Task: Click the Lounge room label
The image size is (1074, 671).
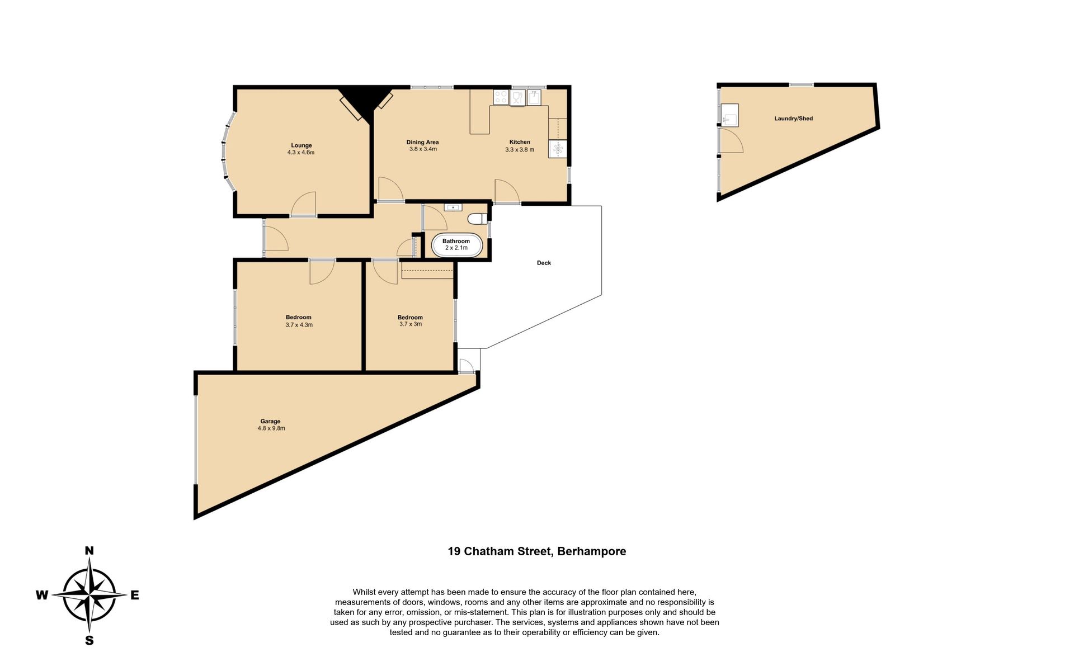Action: click(x=301, y=145)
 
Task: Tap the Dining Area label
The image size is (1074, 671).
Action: click(x=422, y=142)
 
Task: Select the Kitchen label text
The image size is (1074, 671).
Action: click(x=520, y=142)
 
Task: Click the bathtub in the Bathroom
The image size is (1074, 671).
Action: click(x=456, y=245)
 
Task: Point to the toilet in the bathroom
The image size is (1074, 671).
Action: click(x=477, y=219)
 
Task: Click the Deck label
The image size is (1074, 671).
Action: click(x=544, y=263)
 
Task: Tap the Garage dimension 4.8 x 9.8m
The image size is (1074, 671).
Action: click(x=271, y=429)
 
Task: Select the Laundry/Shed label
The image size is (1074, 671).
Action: click(x=793, y=119)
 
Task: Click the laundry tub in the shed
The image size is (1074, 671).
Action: click(x=729, y=115)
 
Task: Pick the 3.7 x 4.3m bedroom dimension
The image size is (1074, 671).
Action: click(x=299, y=325)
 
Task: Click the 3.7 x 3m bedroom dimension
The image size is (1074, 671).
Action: click(x=410, y=324)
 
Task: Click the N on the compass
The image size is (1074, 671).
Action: click(x=89, y=551)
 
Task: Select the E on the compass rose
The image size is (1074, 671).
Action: click(x=135, y=596)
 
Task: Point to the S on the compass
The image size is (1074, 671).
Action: click(x=89, y=641)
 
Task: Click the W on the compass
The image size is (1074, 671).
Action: click(x=42, y=596)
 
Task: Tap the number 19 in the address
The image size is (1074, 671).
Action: click(x=454, y=551)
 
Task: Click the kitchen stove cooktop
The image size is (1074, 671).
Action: click(x=501, y=97)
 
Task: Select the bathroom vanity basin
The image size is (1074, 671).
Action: click(x=453, y=207)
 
